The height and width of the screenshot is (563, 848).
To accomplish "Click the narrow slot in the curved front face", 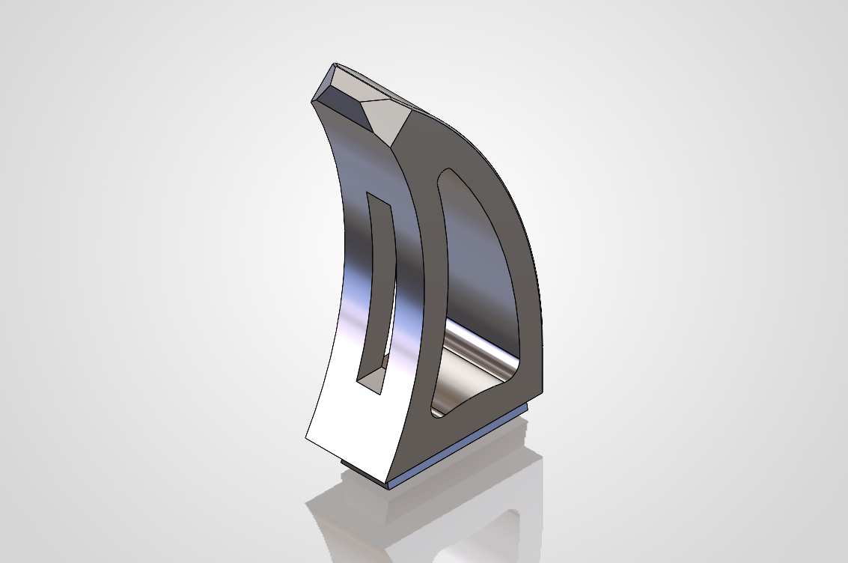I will pos(379,292).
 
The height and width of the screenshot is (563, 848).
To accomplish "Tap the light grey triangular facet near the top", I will pos(385,113).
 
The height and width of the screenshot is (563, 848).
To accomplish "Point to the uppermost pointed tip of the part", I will pos(334,65).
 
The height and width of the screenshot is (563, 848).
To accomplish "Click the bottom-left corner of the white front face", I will pos(306,436).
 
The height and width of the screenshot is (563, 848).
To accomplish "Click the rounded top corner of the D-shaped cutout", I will pos(448,174).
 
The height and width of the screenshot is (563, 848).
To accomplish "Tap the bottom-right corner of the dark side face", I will pos(542,394).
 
